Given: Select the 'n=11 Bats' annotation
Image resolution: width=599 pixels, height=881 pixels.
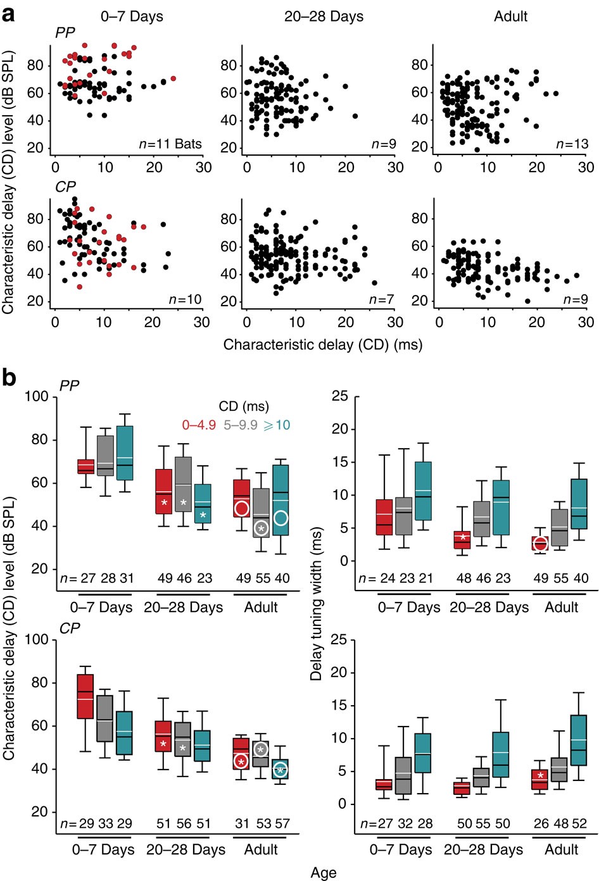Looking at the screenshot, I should click(x=170, y=144).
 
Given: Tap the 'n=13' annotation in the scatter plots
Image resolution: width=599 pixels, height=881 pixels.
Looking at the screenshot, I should click(x=572, y=144).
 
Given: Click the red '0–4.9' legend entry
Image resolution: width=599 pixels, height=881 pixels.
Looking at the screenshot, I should click(x=199, y=425).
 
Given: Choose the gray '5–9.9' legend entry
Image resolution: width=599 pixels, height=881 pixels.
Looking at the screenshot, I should click(x=240, y=425).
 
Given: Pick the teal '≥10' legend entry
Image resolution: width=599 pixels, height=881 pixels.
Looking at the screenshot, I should click(x=277, y=425).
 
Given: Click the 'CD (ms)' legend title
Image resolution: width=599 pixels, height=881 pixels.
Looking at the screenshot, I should click(x=244, y=406).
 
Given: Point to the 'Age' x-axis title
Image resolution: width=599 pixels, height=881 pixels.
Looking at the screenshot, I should click(x=323, y=873).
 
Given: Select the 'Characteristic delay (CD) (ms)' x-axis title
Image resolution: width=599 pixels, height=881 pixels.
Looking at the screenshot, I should click(x=322, y=345).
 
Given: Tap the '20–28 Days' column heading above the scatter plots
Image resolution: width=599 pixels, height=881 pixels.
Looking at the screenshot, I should click(x=324, y=16).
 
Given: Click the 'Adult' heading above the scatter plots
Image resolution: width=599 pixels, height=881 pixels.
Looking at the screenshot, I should click(x=510, y=16).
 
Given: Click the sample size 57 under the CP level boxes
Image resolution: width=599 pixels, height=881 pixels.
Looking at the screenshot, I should click(x=282, y=823).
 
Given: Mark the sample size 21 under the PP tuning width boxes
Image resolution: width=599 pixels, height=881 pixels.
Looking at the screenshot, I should click(x=424, y=578).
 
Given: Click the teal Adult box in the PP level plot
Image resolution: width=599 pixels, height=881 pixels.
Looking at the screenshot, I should click(x=281, y=500).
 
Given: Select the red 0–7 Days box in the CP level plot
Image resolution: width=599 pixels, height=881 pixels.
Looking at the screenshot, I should click(x=85, y=696).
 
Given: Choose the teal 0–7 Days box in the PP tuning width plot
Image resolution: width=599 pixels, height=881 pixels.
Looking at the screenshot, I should click(x=423, y=491).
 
